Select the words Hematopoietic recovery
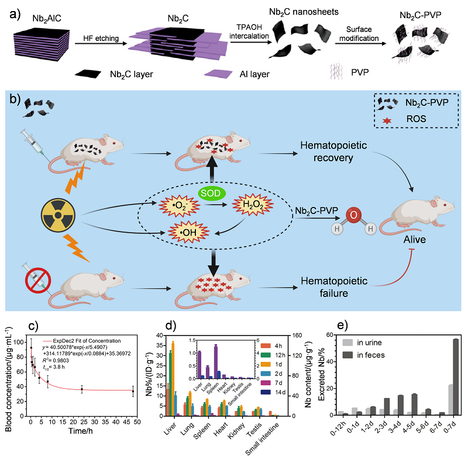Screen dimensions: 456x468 click(x=334, y=150)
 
